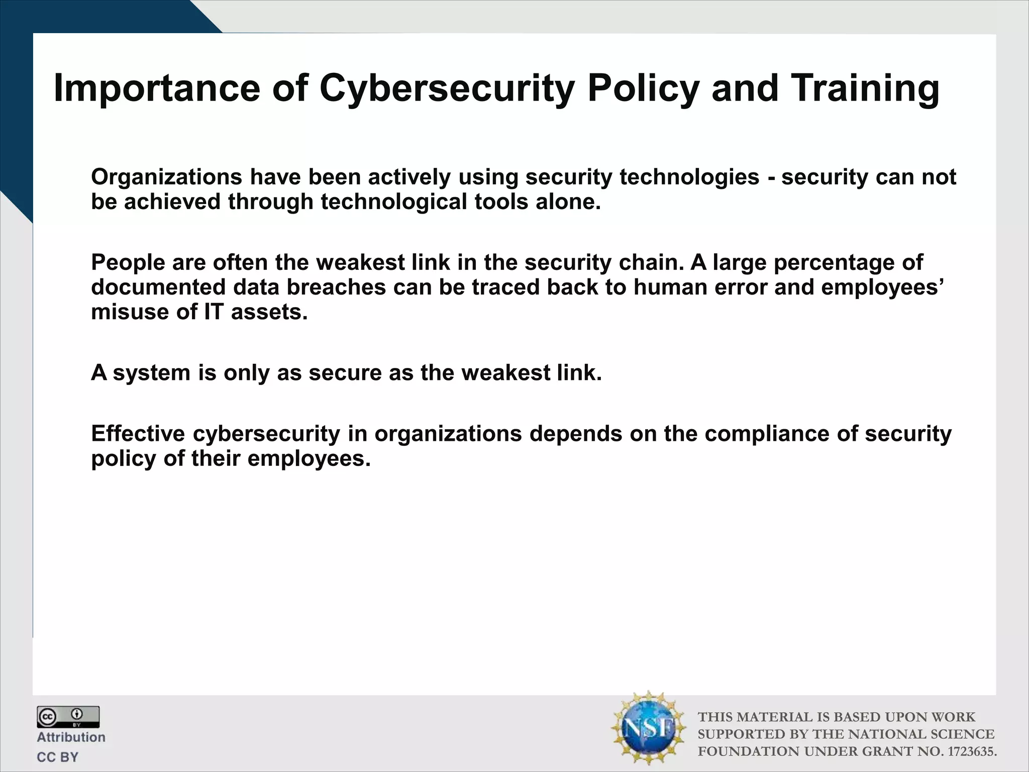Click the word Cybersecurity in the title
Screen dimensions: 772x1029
447,89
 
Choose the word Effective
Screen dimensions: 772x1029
138,433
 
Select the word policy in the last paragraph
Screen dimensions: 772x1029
124,459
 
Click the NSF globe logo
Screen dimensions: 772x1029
649,728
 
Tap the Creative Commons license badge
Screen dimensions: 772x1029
68,716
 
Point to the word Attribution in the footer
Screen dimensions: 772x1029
71,737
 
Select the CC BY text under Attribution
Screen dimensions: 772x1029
58,757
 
